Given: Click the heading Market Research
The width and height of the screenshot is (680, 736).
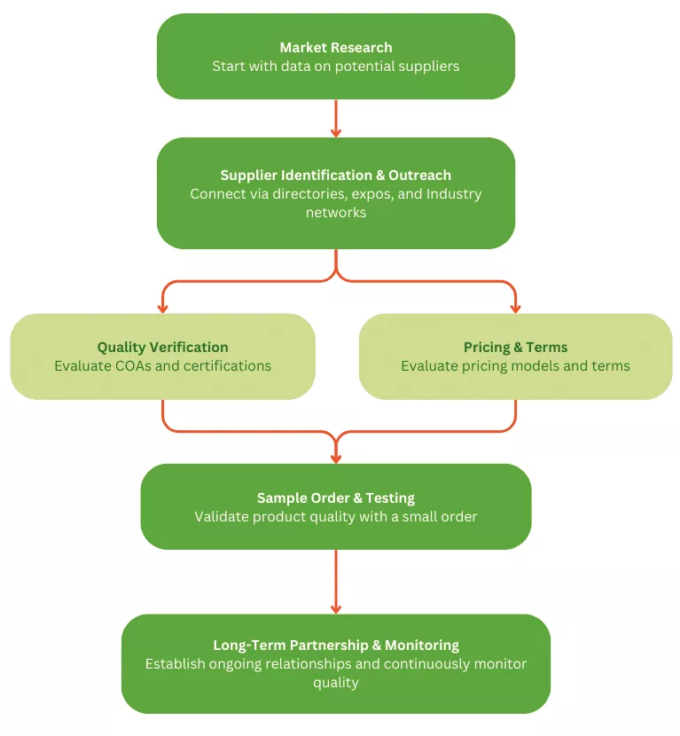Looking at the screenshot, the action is (335, 47).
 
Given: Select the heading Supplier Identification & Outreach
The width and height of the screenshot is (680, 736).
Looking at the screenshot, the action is (335, 175).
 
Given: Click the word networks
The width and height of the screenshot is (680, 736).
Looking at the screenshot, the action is (335, 213).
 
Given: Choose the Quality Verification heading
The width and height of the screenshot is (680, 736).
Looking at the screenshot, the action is (162, 348).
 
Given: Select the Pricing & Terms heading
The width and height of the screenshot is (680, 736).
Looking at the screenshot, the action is (515, 348).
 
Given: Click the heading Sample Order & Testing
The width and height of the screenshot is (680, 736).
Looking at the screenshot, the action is (335, 498).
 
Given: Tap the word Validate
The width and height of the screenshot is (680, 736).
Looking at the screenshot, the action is (223, 517).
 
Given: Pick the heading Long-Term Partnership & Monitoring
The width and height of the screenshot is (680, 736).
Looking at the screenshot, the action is (335, 646).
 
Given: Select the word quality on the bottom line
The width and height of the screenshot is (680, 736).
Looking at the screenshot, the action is (335, 683).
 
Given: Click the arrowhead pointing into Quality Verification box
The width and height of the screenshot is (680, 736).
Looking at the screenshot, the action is (162, 309).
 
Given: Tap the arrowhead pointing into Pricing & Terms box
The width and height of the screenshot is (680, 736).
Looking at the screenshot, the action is (515, 309).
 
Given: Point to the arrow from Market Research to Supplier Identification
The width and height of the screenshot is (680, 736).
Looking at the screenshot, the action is (335, 118).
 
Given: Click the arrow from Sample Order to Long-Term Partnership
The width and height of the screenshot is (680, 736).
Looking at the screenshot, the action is (335, 582).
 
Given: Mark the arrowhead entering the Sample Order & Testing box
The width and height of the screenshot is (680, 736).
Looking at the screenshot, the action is (335, 458).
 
